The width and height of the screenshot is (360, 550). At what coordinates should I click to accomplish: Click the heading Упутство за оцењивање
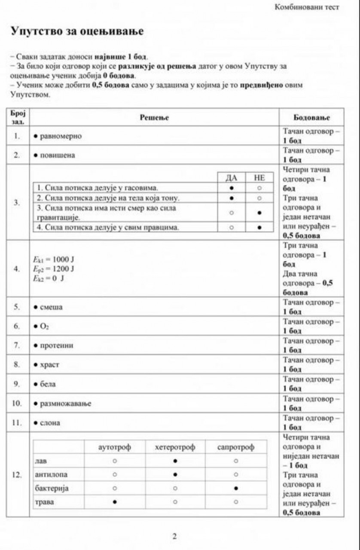click(77, 31)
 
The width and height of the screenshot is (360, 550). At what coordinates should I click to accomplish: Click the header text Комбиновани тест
click(306, 7)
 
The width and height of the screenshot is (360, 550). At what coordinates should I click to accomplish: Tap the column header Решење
click(154, 118)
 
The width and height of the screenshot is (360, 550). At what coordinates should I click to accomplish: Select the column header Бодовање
click(311, 118)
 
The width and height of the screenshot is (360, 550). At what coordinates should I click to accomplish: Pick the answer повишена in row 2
click(57, 155)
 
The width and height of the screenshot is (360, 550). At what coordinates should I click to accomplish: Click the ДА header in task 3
click(232, 178)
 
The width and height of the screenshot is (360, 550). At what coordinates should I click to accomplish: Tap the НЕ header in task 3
click(259, 178)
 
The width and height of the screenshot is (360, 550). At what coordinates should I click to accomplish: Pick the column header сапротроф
click(236, 447)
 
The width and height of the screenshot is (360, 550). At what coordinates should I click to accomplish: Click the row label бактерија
click(52, 488)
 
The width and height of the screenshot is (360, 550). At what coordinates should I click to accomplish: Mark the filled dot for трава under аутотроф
click(115, 502)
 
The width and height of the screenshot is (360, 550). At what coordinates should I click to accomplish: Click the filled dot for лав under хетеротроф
click(175, 461)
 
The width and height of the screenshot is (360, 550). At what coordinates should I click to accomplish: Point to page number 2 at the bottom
click(174, 536)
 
